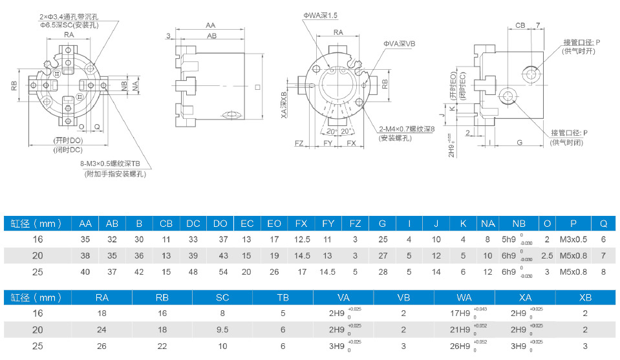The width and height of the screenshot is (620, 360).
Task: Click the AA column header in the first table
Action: [x=85, y=224]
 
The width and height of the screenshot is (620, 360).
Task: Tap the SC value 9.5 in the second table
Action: [x=223, y=330]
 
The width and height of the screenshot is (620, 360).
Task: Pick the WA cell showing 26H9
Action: [x=464, y=346]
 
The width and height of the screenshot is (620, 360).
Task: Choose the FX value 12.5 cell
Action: [x=301, y=239]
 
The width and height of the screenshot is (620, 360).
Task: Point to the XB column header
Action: [x=584, y=297]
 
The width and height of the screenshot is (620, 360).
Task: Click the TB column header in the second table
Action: [x=283, y=297]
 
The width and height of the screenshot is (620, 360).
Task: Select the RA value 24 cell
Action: [x=102, y=330]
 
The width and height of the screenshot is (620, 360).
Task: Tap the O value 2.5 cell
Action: [x=547, y=255]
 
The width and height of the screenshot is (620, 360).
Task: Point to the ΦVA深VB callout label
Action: [x=400, y=43]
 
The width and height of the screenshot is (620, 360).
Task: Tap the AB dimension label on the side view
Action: [x=211, y=36]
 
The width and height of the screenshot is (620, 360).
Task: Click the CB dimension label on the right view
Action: [x=520, y=25]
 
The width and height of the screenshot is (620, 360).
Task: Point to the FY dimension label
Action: [x=328, y=142]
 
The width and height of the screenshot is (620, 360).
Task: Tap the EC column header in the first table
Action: [x=247, y=224]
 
